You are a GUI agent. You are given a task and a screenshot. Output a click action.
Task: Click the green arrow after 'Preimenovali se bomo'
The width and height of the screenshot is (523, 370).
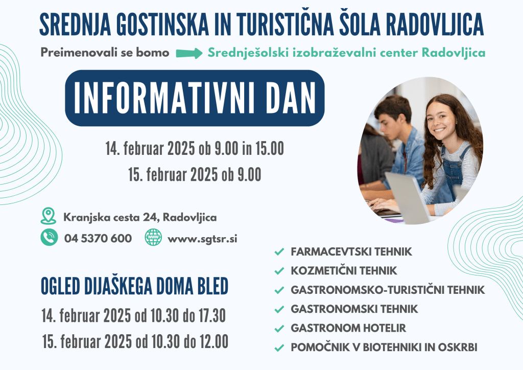coord(189,53)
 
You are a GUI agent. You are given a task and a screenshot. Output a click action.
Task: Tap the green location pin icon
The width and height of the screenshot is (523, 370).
coord(49,216)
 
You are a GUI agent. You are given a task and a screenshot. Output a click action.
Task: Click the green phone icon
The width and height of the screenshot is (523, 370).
coord(49,238)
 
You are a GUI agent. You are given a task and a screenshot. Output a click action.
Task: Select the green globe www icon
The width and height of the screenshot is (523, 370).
coord(153,238)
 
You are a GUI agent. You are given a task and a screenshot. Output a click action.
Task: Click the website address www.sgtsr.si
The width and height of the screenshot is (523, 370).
coord(202,239)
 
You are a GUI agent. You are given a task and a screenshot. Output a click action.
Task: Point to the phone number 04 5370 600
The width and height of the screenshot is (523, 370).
coord(98,238)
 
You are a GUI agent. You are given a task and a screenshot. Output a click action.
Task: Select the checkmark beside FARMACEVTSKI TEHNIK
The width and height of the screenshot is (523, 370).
coord(279,251)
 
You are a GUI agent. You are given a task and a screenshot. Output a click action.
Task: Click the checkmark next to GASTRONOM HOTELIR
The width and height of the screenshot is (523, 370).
coord(279,329)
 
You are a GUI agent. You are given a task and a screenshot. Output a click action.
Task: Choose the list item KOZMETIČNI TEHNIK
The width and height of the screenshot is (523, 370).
coord(344,270)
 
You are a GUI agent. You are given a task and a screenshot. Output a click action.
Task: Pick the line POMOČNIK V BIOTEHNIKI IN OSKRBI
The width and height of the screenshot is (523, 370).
coord(384,347)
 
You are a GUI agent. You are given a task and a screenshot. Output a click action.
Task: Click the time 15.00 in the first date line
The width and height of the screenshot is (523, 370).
coord(270,149)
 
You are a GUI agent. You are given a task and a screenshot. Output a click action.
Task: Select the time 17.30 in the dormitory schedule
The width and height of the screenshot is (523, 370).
coord(212,316)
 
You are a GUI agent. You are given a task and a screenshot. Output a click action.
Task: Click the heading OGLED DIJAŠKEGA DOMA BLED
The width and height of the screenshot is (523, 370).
coord(134,286)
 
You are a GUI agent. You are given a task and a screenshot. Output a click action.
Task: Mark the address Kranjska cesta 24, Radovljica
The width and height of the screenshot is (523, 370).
coord(140,218)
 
